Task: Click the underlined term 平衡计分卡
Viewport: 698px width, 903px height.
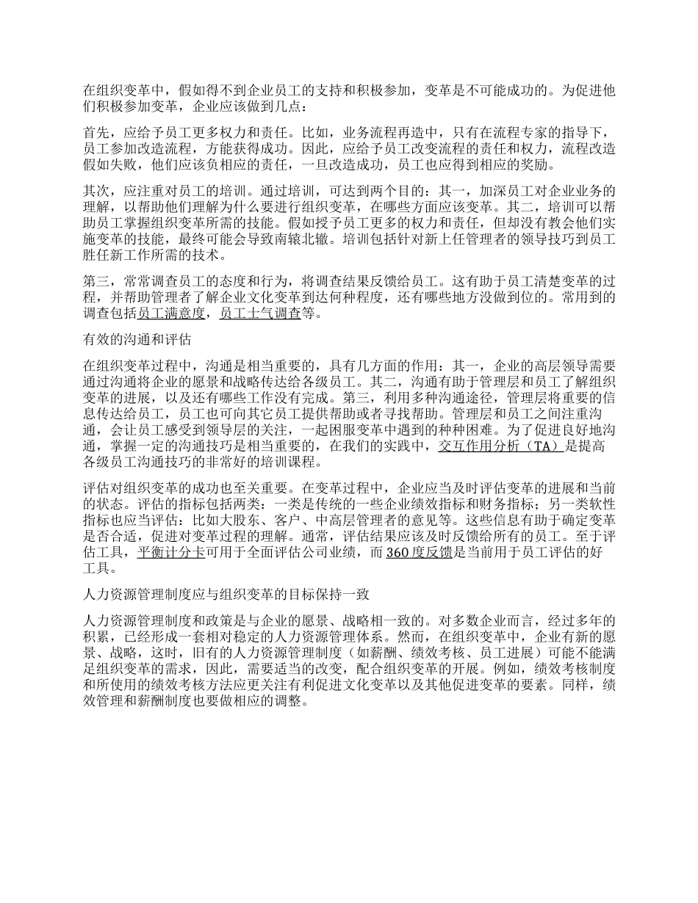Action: tap(170, 554)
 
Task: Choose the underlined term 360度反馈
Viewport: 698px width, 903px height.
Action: tap(418, 554)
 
